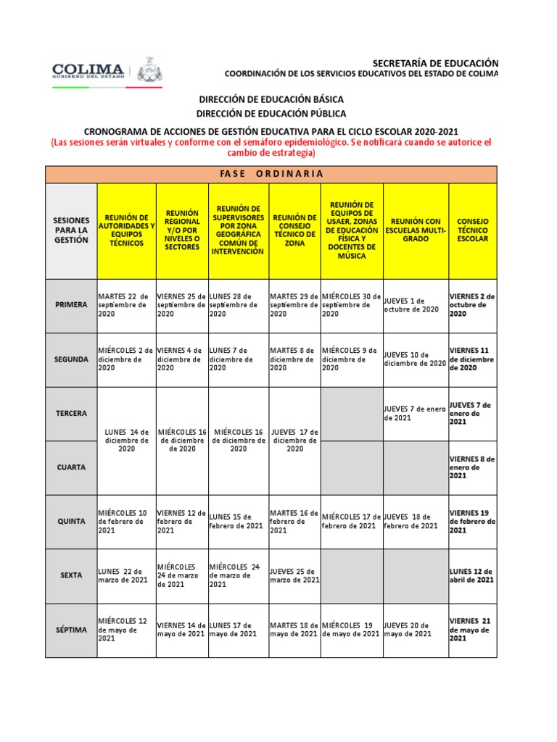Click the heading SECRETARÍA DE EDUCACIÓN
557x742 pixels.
(x=435, y=63)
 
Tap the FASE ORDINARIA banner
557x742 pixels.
(x=271, y=175)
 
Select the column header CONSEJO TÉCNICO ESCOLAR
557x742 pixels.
(x=473, y=230)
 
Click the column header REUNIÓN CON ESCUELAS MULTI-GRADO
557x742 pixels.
(x=416, y=230)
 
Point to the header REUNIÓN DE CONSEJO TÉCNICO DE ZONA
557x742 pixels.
(x=294, y=230)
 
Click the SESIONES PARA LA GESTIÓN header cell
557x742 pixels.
(x=71, y=230)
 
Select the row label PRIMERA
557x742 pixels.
(x=71, y=305)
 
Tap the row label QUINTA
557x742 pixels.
(x=71, y=521)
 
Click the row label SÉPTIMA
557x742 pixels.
(x=71, y=630)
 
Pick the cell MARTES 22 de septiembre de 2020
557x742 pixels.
(x=125, y=305)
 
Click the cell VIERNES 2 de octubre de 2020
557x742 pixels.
(x=472, y=305)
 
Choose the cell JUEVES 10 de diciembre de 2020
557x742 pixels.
(x=415, y=359)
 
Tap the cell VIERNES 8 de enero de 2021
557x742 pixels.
(x=472, y=467)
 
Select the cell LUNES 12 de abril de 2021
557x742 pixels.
(x=472, y=575)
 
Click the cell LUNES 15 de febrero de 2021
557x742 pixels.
(x=238, y=521)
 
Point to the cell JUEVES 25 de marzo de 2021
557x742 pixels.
(x=294, y=575)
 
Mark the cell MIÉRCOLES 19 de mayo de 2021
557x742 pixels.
(x=351, y=630)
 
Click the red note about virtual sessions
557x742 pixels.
(x=271, y=148)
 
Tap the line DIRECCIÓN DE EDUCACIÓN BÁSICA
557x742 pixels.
(x=271, y=99)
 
